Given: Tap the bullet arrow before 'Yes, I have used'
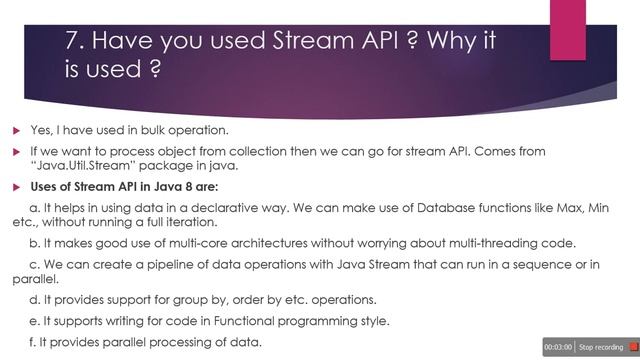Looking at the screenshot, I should tap(17, 131).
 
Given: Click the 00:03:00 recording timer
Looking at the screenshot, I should tap(557, 346).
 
